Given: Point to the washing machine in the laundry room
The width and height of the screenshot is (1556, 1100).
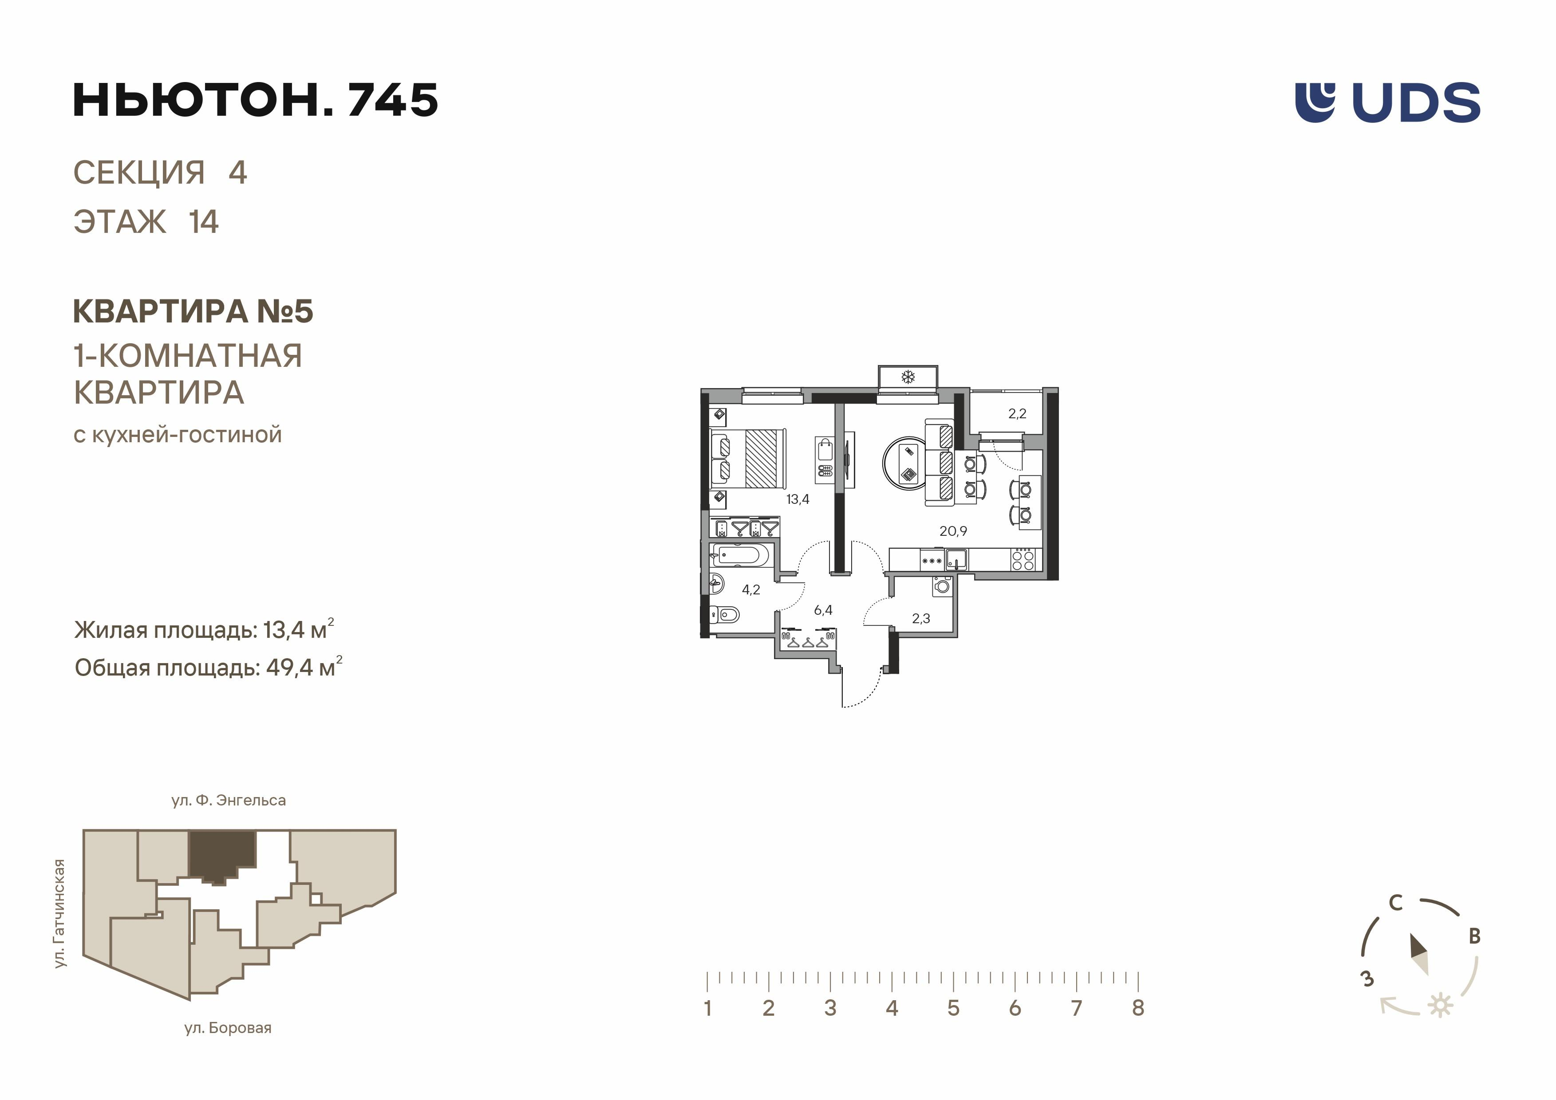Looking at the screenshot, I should point(942,586).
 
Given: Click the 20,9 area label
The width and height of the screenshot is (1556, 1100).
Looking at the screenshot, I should point(953,531).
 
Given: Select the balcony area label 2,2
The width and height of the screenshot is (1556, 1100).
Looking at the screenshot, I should point(1017,414).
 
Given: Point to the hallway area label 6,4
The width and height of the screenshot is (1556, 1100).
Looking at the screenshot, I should point(823,610).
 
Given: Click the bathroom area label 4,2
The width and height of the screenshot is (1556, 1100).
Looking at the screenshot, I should point(751,590).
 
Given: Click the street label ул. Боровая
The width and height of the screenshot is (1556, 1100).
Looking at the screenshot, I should point(228,1028).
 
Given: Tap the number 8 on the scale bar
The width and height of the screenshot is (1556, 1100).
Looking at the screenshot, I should point(1138,1008).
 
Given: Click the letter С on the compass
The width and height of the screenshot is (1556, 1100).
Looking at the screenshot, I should point(1395,903).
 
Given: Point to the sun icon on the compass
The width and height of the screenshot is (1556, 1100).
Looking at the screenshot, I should point(1440,1005).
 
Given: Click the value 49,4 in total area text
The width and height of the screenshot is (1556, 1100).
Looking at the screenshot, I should point(289,668).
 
